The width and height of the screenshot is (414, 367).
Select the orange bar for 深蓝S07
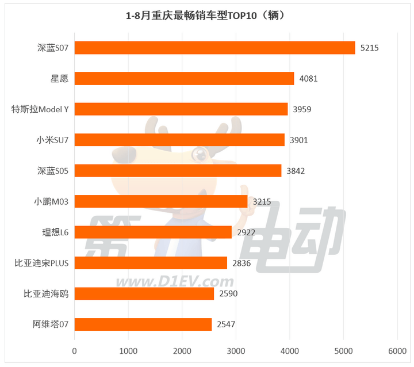coord(214,48)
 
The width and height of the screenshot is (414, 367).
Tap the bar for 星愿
coord(184,78)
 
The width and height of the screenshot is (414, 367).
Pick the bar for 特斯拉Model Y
coord(181,109)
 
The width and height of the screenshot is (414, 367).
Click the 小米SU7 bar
coord(179,140)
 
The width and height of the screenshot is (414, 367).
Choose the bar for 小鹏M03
coord(161,201)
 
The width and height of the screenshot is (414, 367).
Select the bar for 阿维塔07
coord(143,324)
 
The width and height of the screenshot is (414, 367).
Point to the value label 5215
coord(370,48)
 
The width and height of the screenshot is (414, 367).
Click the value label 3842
coord(296,171)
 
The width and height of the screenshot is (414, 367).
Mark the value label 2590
coord(228,293)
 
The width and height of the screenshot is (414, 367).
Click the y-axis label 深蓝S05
coord(52,171)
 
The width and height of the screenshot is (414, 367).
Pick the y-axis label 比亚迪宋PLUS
coord(41,263)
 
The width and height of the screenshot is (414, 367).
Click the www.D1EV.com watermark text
coord(174,282)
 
